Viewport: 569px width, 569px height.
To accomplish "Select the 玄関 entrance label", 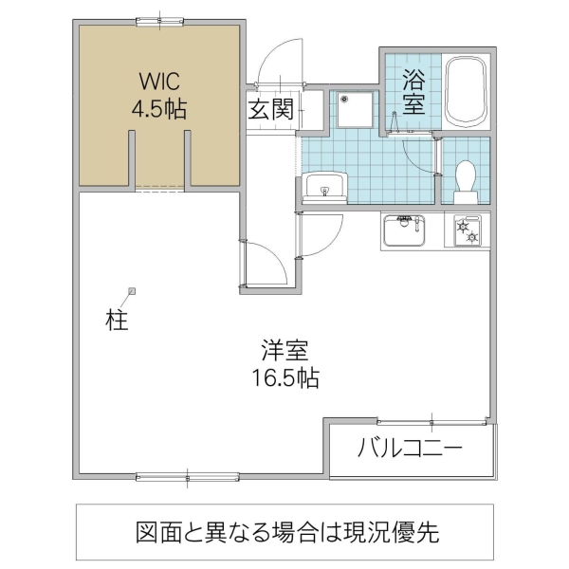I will [x=269, y=108].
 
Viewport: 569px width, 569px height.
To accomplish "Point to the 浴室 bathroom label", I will [x=413, y=91].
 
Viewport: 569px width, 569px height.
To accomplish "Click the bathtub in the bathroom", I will [x=465, y=91].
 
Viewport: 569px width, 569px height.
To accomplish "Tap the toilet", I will [x=466, y=181].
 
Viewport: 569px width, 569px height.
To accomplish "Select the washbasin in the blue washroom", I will [x=324, y=187].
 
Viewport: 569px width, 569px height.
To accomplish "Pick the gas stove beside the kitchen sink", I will [x=468, y=230].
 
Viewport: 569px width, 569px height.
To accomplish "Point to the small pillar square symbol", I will [x=132, y=291].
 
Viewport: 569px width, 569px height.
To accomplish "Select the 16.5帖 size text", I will [x=284, y=379].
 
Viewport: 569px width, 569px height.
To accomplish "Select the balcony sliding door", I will [x=432, y=422].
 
